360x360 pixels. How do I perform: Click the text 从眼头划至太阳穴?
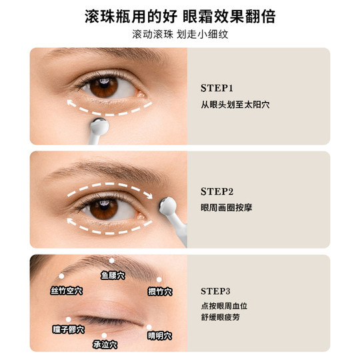tap(235, 105)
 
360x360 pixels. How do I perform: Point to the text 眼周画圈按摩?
tap(226, 207)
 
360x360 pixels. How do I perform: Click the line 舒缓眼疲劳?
tap(223, 319)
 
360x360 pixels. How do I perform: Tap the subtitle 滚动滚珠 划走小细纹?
tap(180, 34)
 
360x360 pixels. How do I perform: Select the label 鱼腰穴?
tap(113, 275)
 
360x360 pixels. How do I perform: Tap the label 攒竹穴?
tap(160, 291)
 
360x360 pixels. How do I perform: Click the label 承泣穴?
tap(105, 345)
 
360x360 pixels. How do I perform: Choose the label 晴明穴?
tap(160, 335)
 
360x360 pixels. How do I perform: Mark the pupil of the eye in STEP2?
tap(103, 207)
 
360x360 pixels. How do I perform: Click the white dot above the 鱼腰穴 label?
tap(112, 261)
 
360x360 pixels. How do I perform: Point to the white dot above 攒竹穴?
tap(159, 279)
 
